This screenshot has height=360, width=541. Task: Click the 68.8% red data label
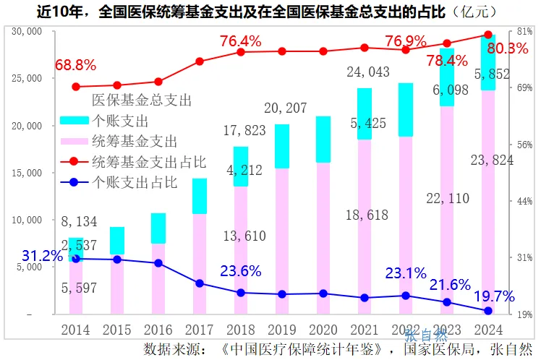pyautogui.click(x=74, y=65)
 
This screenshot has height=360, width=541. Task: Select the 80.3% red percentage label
pyautogui.click(x=508, y=48)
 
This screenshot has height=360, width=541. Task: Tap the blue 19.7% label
pyautogui.click(x=494, y=296)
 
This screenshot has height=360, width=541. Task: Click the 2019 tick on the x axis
pyautogui.click(x=282, y=330)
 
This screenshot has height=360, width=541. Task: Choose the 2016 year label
pyautogui.click(x=158, y=330)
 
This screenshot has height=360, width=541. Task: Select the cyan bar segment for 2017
pyautogui.click(x=200, y=196)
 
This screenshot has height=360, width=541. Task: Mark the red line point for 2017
pyautogui.click(x=200, y=61)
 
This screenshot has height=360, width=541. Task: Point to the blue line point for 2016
pyautogui.click(x=158, y=263)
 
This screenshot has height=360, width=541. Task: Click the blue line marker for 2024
pyautogui.click(x=488, y=311)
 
